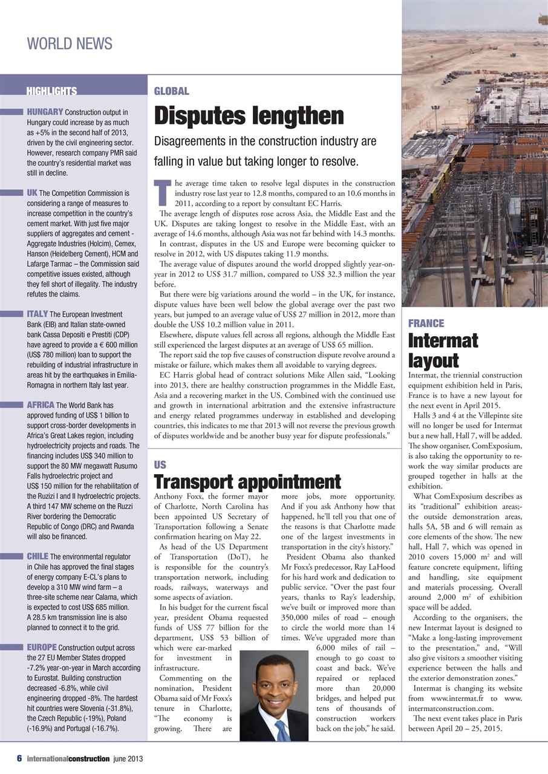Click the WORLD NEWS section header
point(70,44)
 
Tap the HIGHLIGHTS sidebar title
point(51,92)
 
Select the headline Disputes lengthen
point(249,115)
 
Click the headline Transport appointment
point(247,482)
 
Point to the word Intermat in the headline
point(443,340)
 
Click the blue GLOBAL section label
point(172,91)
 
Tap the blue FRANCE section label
point(426,324)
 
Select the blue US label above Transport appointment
point(160,465)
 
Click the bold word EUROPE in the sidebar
point(43,647)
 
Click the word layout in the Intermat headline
point(433,360)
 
